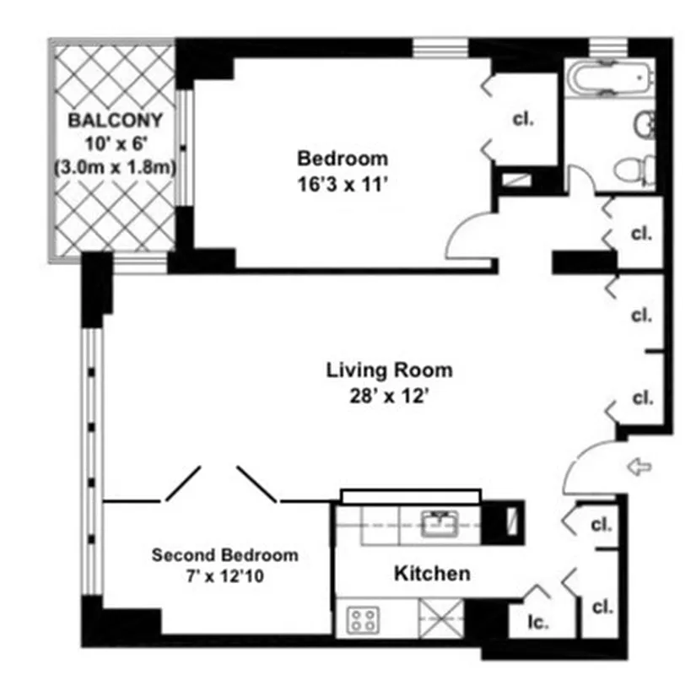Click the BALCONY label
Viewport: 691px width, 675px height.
coord(116,119)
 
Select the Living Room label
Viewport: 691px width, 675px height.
coord(389,370)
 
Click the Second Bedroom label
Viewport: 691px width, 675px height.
coord(224,555)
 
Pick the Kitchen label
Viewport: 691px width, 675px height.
coord(432,574)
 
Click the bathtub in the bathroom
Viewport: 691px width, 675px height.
coord(609,80)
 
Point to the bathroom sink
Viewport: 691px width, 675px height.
coord(644,125)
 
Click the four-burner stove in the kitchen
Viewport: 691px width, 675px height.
coord(364,621)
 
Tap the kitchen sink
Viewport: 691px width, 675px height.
coord(439,525)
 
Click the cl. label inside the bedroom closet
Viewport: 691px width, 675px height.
coord(523,119)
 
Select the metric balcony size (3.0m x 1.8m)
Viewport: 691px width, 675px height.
coord(116,166)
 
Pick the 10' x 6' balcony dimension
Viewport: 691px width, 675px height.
coord(116,143)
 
